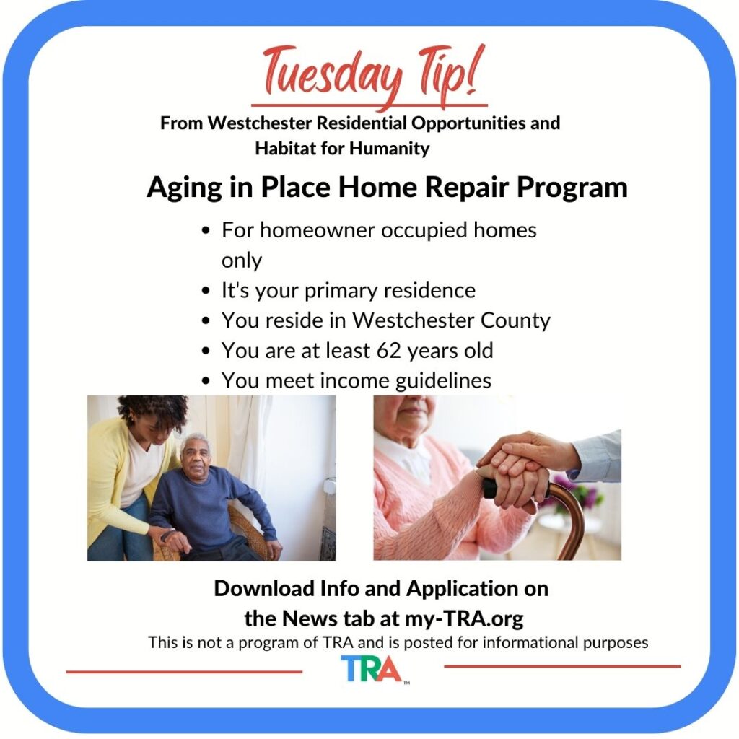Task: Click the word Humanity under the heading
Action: pos(389,149)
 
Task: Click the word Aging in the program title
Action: pos(184,188)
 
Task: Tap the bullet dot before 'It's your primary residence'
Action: pos(205,291)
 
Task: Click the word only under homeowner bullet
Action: pos(241,261)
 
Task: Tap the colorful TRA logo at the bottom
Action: pos(372,669)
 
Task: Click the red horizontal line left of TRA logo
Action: pos(184,672)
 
